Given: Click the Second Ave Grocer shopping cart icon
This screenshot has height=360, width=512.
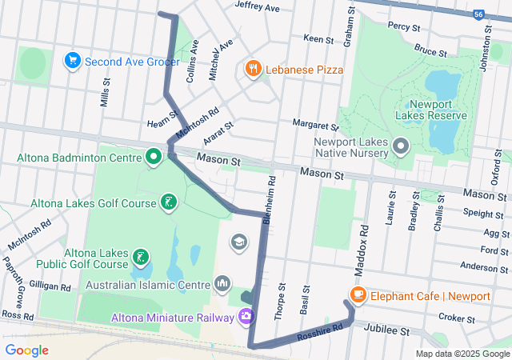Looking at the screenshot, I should coord(73,61).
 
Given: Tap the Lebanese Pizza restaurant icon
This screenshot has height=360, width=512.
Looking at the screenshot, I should coord(254,69).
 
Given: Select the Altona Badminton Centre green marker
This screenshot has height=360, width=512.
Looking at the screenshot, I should coord(154,156).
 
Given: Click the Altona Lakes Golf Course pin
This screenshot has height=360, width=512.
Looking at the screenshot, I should coord(168,202).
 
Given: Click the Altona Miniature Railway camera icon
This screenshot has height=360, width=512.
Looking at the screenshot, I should coord(246,316).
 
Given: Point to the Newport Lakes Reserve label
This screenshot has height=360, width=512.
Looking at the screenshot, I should coord(437,110).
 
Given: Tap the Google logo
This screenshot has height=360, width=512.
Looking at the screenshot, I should coord(27,350).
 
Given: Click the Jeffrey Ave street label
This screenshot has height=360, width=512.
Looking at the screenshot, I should coord(257,8).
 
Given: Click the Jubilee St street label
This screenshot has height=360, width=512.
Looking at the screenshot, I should coord(386,330).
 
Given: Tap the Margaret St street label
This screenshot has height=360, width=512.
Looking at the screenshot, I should coord(316,126).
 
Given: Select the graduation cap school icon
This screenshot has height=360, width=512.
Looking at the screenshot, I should coord(238,242).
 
